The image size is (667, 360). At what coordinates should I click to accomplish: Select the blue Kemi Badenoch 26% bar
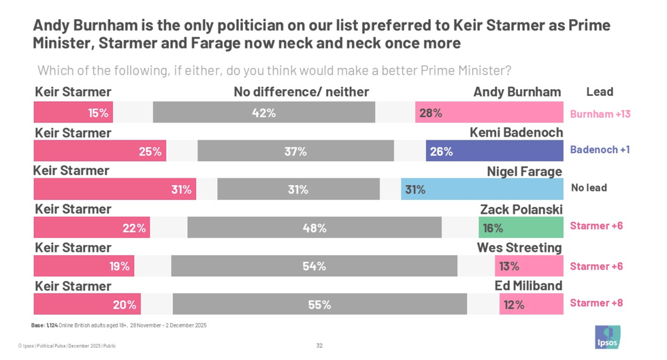coord(494,152)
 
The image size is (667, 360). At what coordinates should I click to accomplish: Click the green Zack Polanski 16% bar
coord(521,228)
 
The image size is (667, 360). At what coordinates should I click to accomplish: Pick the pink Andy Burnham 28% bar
coord(489,113)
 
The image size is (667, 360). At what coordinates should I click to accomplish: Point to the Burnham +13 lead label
coord(600,114)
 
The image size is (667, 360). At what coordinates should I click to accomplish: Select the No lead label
coord(589,188)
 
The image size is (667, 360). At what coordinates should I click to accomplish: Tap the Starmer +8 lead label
coord(596,303)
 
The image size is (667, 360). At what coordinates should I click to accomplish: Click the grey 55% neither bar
coord(320,305)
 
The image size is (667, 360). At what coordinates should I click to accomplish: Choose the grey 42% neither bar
coord(263,113)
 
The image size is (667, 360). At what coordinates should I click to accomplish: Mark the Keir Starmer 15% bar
coord(73,113)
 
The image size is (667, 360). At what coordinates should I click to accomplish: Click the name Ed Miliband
coord(527,286)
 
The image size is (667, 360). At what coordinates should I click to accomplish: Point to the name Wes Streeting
coord(519,248)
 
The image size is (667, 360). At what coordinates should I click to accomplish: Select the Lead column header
coord(599,92)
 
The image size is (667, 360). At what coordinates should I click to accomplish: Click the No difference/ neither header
coord(301,92)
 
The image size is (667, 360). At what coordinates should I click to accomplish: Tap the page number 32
coord(319,346)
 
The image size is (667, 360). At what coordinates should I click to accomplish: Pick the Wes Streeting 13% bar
coord(529,266)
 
